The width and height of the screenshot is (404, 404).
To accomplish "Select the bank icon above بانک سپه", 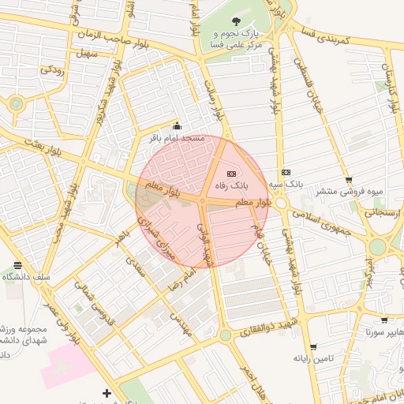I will pos(285,173).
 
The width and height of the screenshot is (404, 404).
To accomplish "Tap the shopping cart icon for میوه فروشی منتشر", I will pos(348,180).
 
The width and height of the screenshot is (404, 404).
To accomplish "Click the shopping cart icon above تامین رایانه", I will pos(313,347).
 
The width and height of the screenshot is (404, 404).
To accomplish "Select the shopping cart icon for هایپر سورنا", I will pos(384,320).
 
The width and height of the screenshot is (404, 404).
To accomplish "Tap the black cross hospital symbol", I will pos(107,393).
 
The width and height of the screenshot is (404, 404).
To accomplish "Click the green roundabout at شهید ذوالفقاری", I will pos(226,335).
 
